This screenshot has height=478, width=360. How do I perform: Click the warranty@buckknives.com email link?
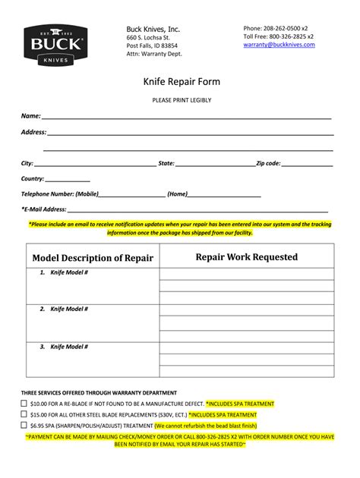click(279, 45)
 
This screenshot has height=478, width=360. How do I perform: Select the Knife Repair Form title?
click(179, 80)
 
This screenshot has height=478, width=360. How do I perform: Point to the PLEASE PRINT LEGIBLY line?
click(179, 100)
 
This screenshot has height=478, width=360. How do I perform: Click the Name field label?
click(30, 116)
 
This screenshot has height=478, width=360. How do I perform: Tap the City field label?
click(27, 163)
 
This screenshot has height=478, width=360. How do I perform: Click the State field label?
click(166, 163)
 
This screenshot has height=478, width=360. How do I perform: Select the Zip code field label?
click(268, 163)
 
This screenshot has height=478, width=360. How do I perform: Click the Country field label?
click(33, 179)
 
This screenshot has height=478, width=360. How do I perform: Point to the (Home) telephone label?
click(178, 194)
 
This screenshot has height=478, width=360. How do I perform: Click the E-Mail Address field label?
click(45, 209)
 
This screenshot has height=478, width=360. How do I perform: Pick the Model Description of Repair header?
click(93, 258)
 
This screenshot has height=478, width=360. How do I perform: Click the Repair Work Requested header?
click(246, 257)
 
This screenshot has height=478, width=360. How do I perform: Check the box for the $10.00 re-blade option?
click(24, 404)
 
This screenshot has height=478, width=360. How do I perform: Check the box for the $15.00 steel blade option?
click(24, 415)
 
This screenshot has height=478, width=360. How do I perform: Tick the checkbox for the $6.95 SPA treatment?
click(24, 426)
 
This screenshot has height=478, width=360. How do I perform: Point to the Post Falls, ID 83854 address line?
click(152, 46)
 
